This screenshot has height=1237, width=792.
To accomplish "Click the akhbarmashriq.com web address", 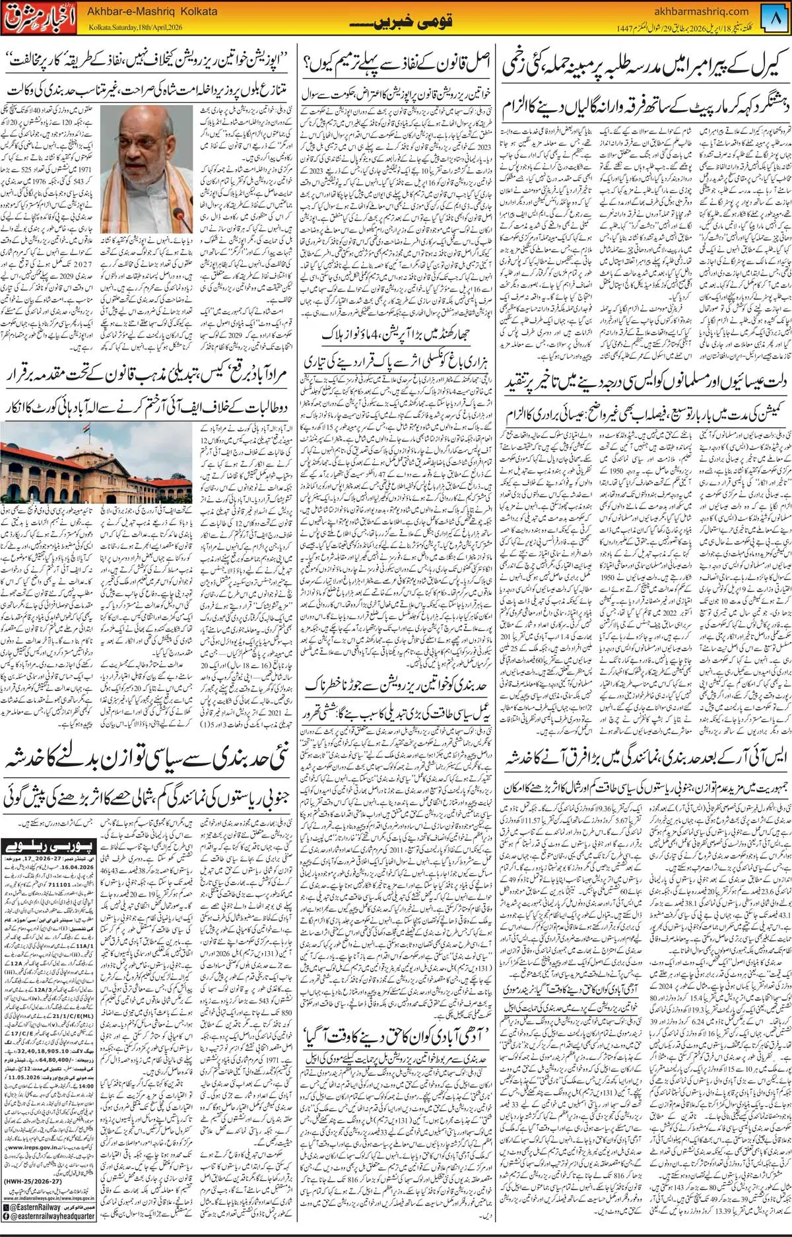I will pyautogui.click(x=700, y=11).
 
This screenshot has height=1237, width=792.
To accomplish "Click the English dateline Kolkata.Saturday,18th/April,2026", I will pyautogui.click(x=135, y=28).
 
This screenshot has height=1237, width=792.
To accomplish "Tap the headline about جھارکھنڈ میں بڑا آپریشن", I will pyautogui.click(x=397, y=335).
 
